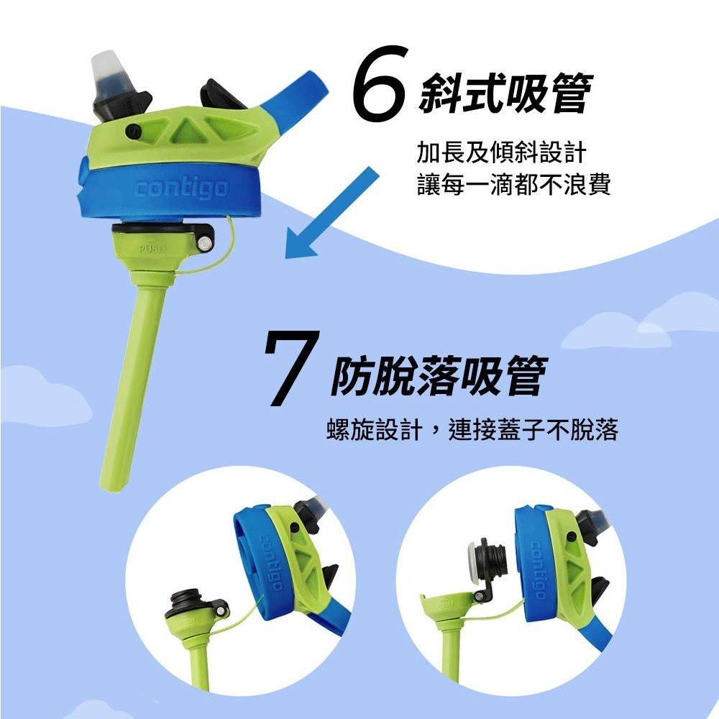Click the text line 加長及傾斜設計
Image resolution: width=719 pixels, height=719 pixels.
coord(502,152)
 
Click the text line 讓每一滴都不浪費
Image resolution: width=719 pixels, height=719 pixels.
coord(513,186)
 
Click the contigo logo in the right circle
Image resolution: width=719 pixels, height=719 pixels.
coord(536,569)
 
